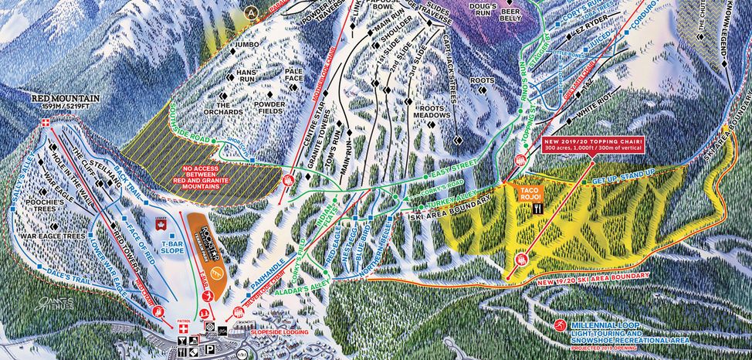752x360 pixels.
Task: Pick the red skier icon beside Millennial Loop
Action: point(561,327)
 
